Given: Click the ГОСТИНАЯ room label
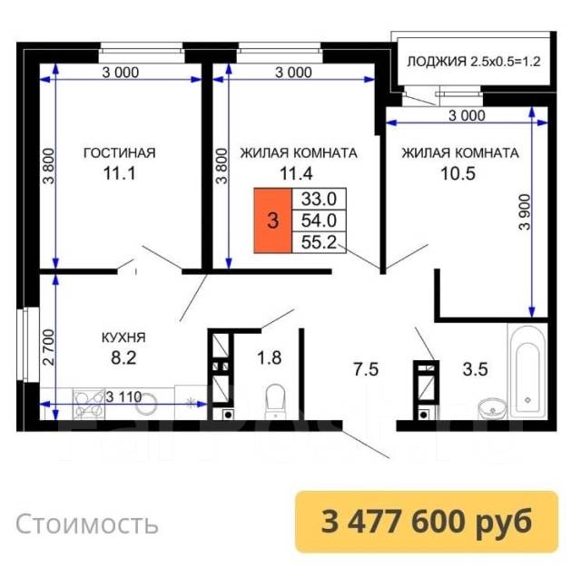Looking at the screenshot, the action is [x=119, y=152].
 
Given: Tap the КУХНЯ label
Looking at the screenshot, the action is [x=123, y=337].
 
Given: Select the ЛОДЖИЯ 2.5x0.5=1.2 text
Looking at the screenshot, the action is [x=474, y=61].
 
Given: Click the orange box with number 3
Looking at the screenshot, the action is [x=273, y=220].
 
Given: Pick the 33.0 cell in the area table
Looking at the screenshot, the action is [x=319, y=200].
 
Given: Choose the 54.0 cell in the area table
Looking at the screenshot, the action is [x=319, y=220].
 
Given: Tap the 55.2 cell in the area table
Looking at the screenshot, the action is [x=319, y=242].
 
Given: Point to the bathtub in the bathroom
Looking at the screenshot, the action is [x=527, y=371].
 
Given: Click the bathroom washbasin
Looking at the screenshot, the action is [x=492, y=409].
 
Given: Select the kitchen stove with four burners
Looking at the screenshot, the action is [x=89, y=404].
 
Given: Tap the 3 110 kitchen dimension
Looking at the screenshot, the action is [x=123, y=397].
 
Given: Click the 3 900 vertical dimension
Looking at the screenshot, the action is [x=525, y=212].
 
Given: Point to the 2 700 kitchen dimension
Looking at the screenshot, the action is [x=48, y=347].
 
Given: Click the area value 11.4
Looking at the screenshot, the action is [x=296, y=173].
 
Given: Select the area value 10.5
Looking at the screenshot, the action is [x=458, y=173].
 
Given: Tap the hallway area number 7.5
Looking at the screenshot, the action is [x=366, y=369].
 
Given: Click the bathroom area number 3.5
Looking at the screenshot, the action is [x=475, y=369].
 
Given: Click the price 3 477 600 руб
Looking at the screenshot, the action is [x=427, y=521].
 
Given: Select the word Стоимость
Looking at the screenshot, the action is [x=87, y=523].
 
